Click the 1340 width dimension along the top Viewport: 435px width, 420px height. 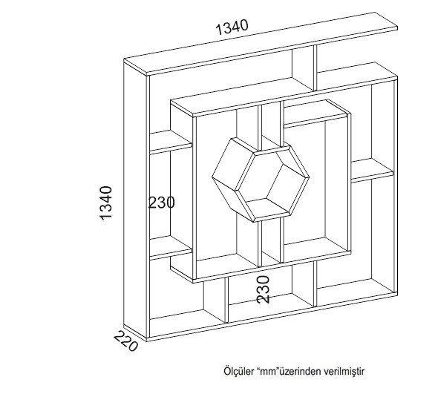[x=232, y=27]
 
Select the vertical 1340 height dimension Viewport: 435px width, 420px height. [x=106, y=203]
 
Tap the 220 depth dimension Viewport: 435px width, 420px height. [x=125, y=341]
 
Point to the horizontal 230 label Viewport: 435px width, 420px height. [x=162, y=203]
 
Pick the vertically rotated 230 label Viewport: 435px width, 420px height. [x=263, y=289]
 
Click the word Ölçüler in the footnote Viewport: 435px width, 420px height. [x=239, y=371]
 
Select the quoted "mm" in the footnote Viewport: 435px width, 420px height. [x=268, y=372]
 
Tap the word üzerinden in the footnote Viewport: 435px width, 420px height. [x=299, y=372]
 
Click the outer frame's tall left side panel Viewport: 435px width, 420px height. [x=135, y=200]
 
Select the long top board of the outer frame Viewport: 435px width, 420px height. [x=261, y=44]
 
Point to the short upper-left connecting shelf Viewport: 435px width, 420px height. [x=171, y=142]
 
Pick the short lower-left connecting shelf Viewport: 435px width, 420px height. [x=171, y=248]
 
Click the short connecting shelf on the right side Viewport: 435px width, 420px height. [x=372, y=171]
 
